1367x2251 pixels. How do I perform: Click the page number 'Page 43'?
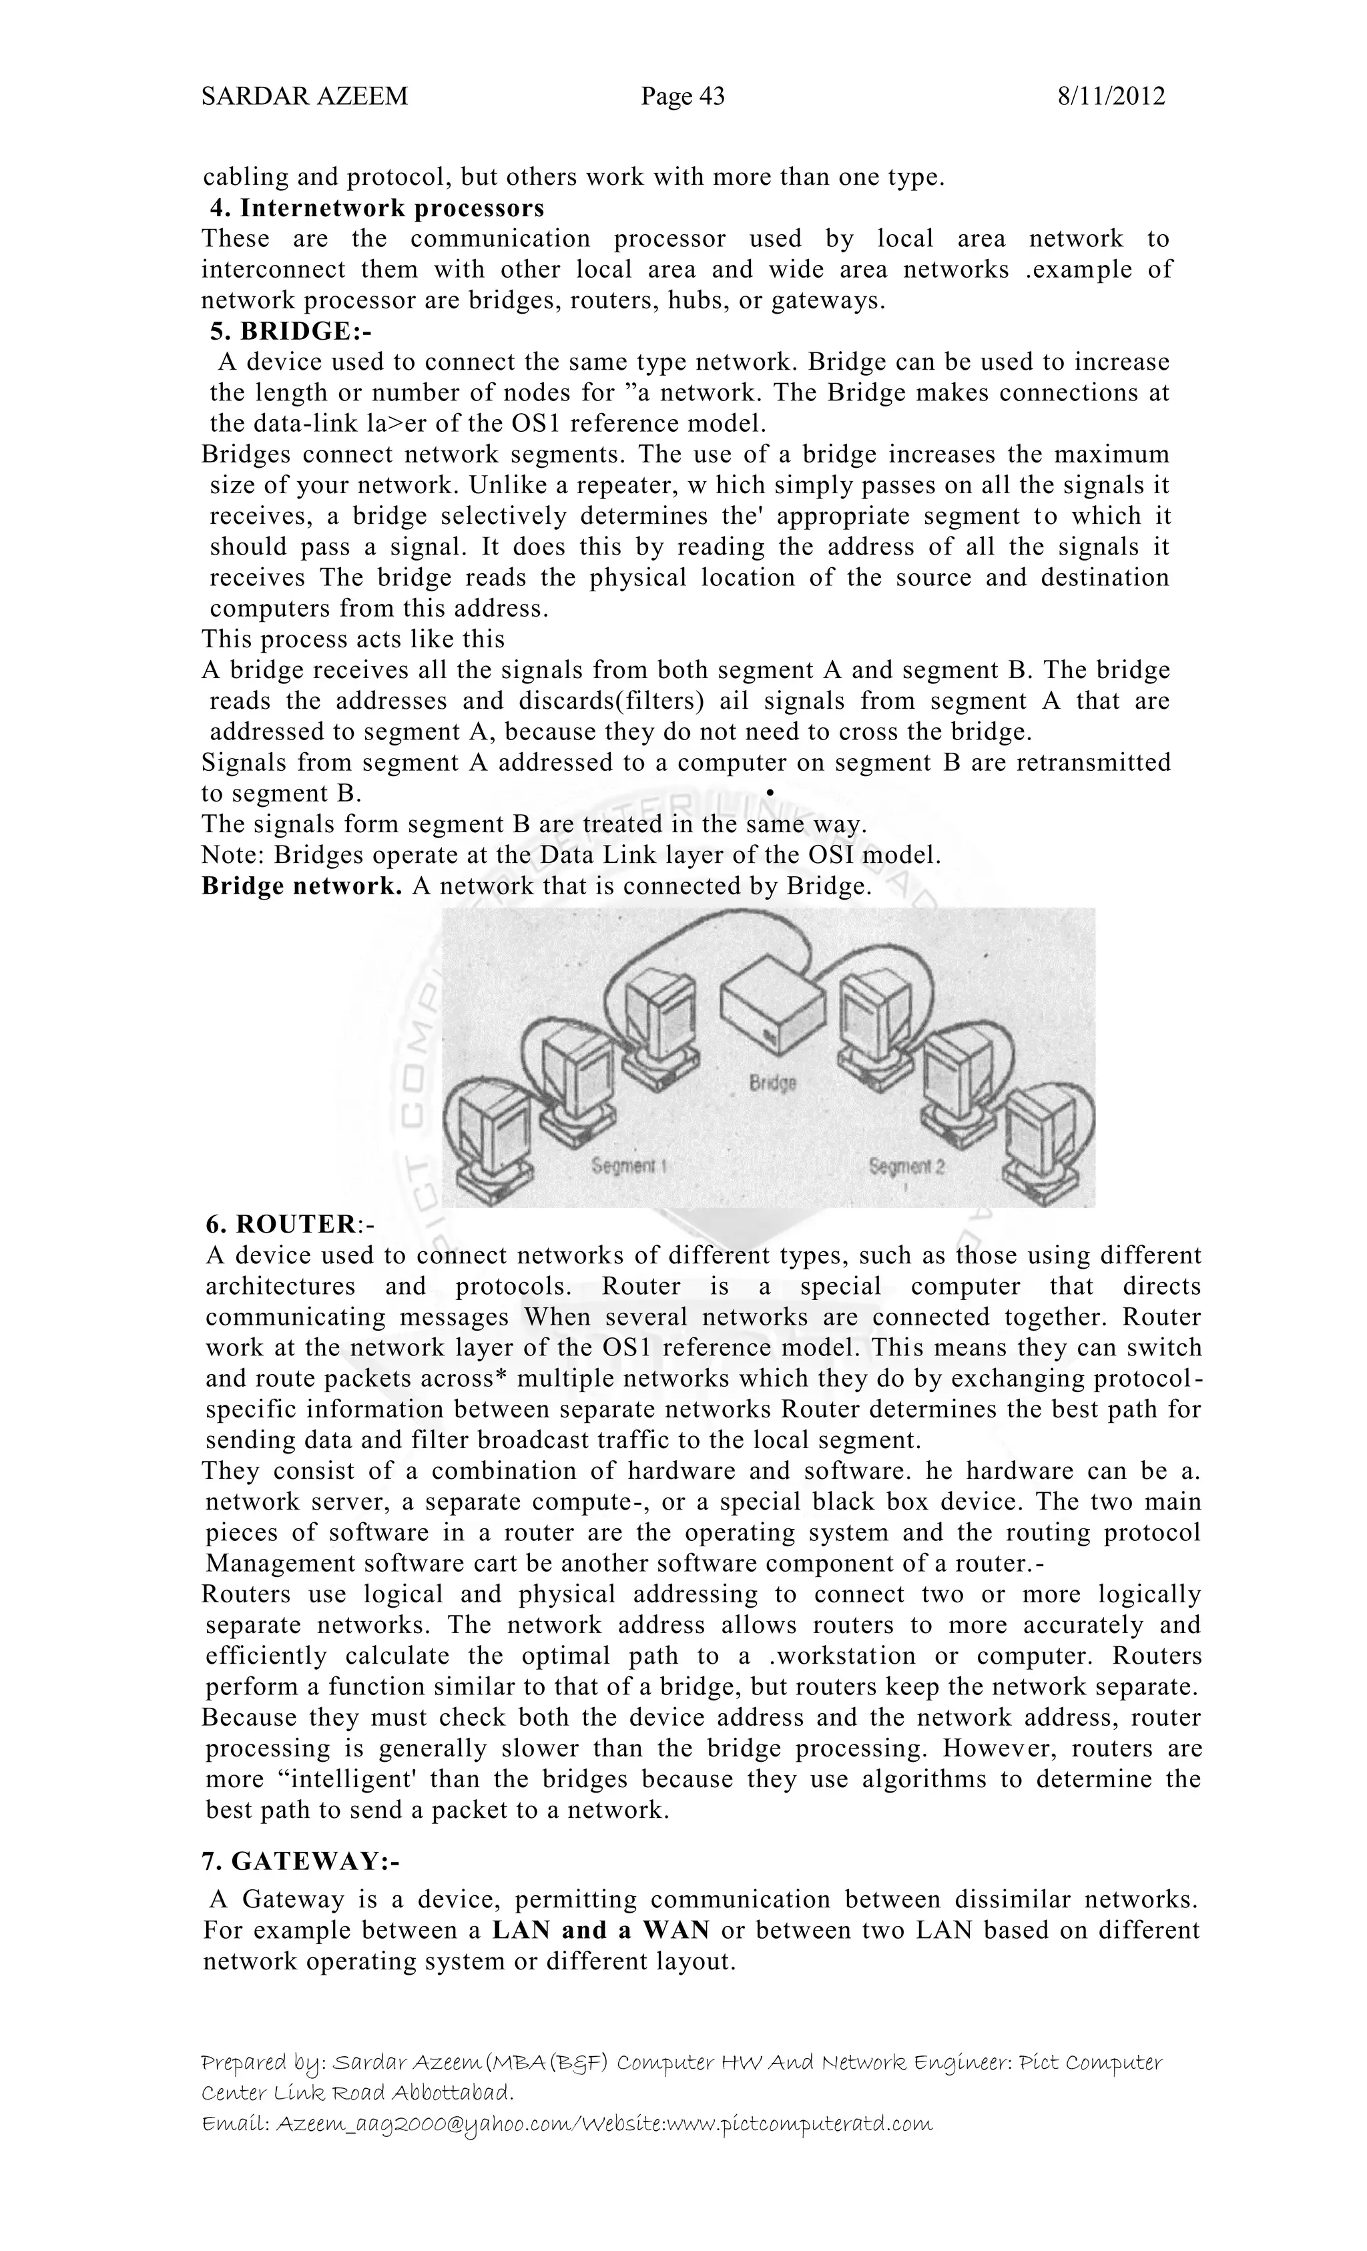point(683,96)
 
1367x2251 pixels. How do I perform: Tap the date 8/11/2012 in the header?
point(1111,96)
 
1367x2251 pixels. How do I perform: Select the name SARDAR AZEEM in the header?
point(304,96)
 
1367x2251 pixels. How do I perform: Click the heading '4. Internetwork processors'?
point(376,208)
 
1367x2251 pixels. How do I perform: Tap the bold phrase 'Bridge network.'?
point(302,886)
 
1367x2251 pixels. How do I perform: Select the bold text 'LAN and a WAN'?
point(600,1929)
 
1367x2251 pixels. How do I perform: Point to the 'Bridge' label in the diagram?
point(773,1082)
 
